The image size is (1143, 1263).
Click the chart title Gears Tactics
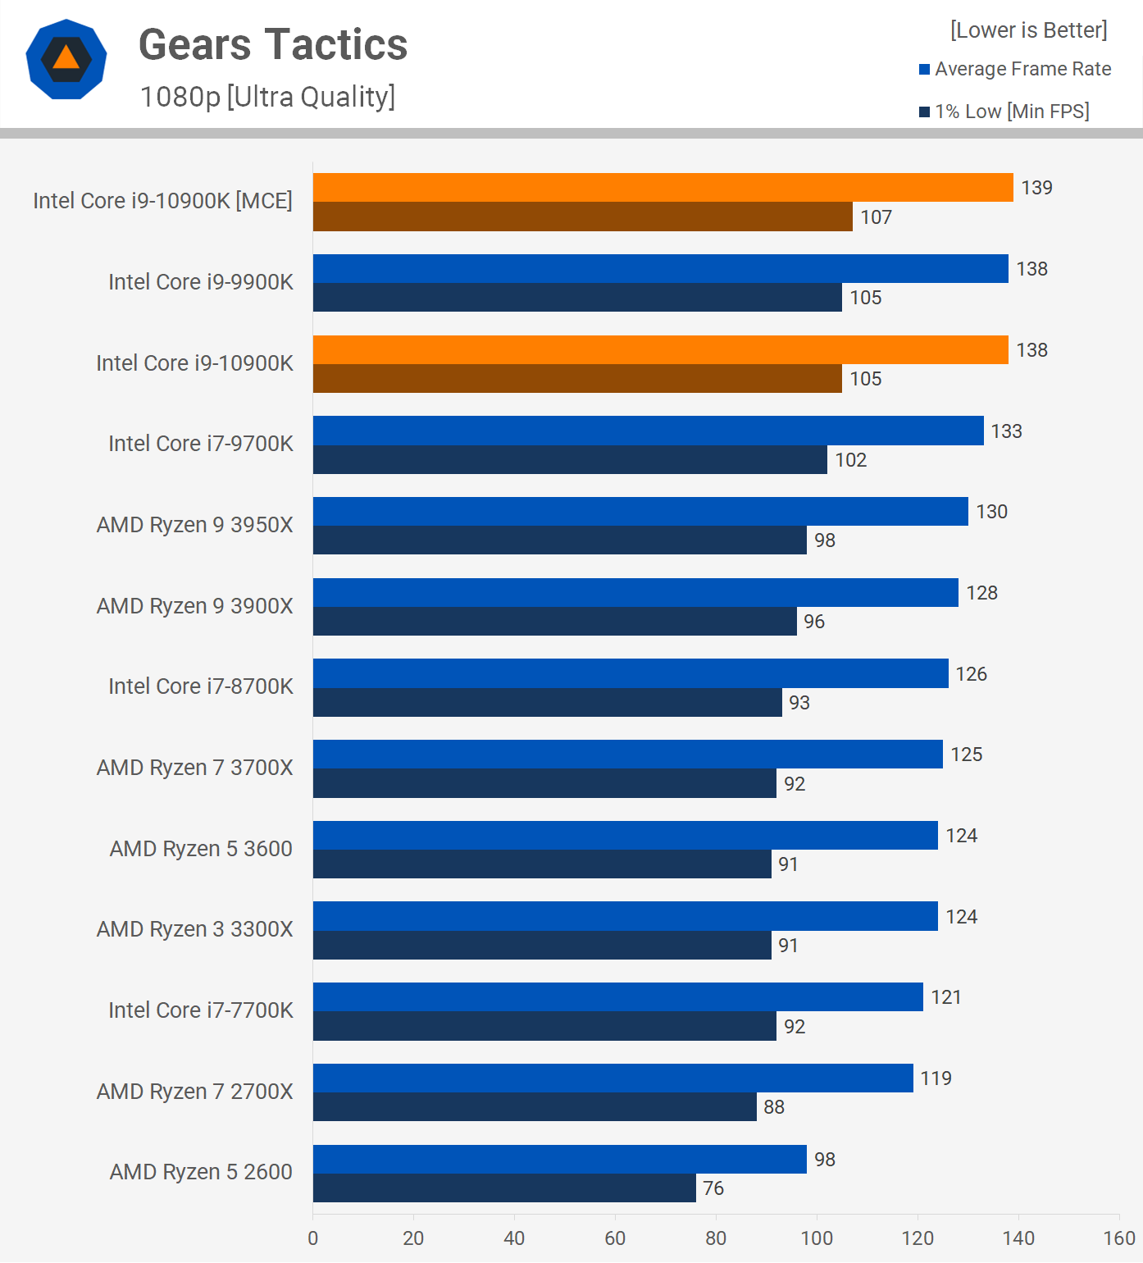pyautogui.click(x=273, y=44)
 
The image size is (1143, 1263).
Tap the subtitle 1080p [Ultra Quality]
pyautogui.click(x=267, y=97)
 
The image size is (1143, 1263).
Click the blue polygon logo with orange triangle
pyautogui.click(x=66, y=59)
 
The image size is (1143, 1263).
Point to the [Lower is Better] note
pyautogui.click(x=1028, y=30)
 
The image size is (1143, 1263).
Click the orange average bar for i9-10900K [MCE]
pyautogui.click(x=663, y=188)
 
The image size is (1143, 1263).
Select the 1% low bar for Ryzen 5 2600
pyautogui.click(x=504, y=1188)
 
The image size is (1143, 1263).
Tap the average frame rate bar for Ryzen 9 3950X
pyautogui.click(x=640, y=512)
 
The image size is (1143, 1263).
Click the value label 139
pyautogui.click(x=1036, y=188)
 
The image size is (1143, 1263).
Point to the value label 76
pyautogui.click(x=713, y=1188)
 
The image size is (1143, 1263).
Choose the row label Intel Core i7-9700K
pyautogui.click(x=200, y=444)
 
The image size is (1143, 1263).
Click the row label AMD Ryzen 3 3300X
pyautogui.click(x=194, y=929)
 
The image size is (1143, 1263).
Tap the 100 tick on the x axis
pyautogui.click(x=817, y=1238)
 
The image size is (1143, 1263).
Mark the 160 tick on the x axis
pyautogui.click(x=1119, y=1238)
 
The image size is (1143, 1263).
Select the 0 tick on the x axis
pyautogui.click(x=312, y=1238)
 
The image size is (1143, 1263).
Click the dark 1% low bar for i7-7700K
pyautogui.click(x=544, y=1026)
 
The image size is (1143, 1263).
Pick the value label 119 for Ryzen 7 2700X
pyautogui.click(x=936, y=1078)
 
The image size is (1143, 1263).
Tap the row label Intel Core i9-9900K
pyautogui.click(x=200, y=282)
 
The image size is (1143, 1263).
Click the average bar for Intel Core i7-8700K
pyautogui.click(x=631, y=673)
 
